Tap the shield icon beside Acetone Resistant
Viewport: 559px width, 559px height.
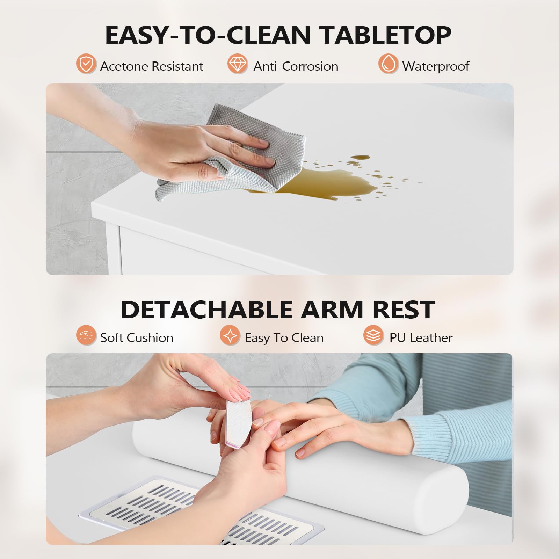[x=86, y=64]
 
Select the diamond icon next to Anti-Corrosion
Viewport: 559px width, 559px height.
[x=237, y=64]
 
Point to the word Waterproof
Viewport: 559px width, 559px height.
[x=435, y=66]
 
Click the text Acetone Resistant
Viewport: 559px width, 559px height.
[x=151, y=66]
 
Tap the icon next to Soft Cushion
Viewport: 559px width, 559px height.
[x=86, y=335]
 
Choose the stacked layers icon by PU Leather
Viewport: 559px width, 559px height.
[x=373, y=335]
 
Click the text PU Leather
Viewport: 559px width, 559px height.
[x=421, y=338]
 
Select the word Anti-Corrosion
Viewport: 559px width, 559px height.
[x=296, y=66]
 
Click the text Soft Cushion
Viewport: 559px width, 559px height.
[x=137, y=338]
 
